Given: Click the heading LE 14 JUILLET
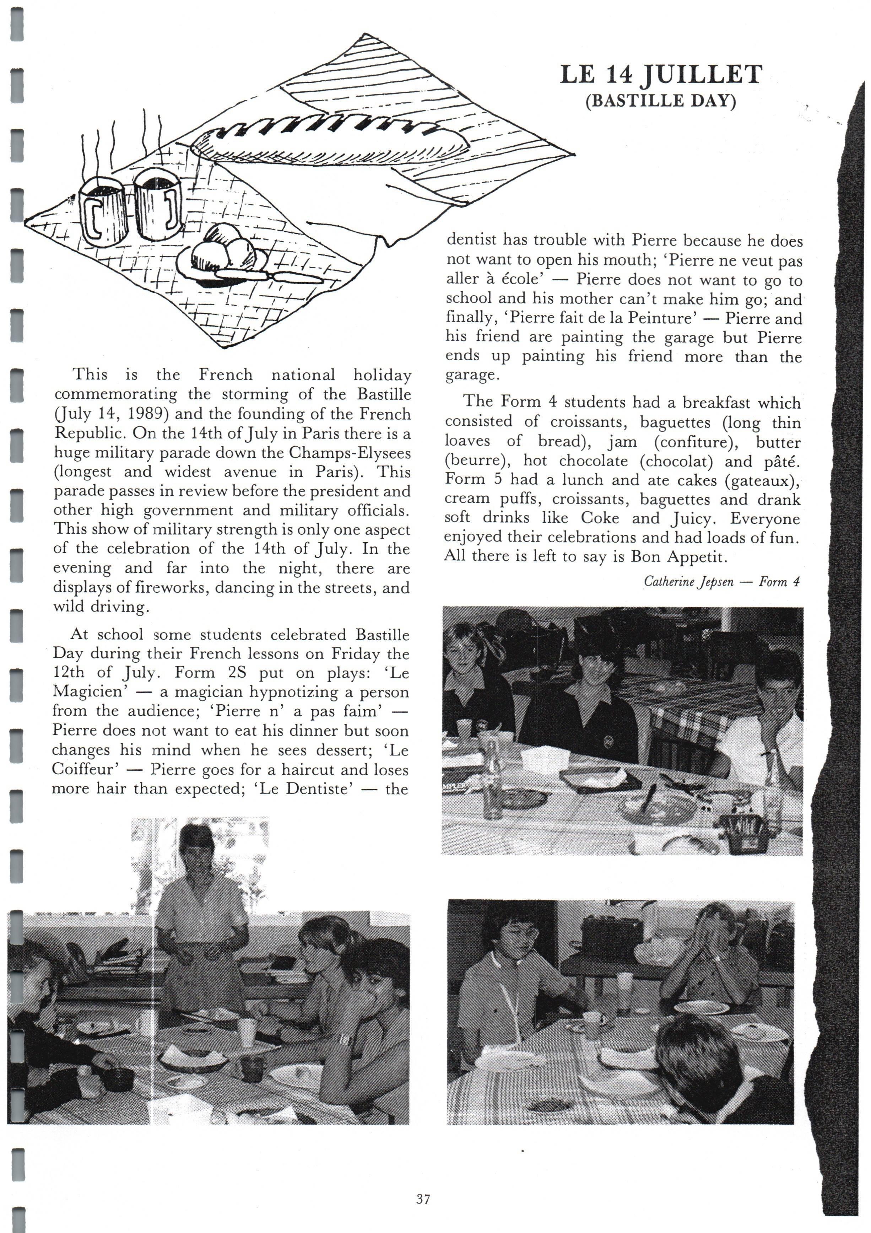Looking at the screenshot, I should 660,75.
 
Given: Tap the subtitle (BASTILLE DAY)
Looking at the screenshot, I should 660,101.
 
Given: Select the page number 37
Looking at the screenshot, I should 423,1198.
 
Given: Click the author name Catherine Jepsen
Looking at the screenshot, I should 688,582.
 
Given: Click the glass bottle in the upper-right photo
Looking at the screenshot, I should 492,779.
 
